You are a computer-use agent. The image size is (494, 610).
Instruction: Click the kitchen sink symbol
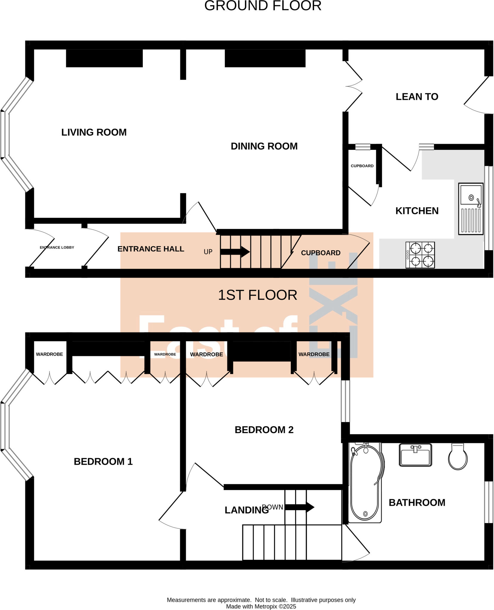pyautogui.click(x=471, y=208)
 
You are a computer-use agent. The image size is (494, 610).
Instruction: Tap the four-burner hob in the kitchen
pyautogui.click(x=420, y=255)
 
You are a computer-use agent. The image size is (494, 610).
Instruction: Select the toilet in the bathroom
pyautogui.click(x=458, y=457)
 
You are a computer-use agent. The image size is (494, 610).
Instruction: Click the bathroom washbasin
pyautogui.click(x=415, y=455)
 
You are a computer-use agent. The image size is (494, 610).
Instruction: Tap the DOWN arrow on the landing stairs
pyautogui.click(x=300, y=507)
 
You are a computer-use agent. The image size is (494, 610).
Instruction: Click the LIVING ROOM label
pyautogui.click(x=94, y=132)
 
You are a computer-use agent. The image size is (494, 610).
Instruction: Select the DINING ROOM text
pyautogui.click(x=264, y=146)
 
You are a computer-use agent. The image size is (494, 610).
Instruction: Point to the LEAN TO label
pyautogui.click(x=417, y=97)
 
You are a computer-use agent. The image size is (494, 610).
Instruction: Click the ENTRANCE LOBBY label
pyautogui.click(x=57, y=248)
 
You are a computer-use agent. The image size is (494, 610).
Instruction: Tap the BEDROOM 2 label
pyautogui.click(x=264, y=430)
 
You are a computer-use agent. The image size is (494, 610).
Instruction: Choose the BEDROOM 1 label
pyautogui.click(x=103, y=461)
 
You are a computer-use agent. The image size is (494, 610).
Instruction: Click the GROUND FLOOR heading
pyautogui.click(x=263, y=6)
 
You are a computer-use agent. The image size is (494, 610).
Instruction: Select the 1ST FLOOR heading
pyautogui.click(x=258, y=295)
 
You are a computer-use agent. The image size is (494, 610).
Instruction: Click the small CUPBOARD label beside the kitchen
pyautogui.click(x=362, y=166)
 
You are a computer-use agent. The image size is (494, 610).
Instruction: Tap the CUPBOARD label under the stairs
pyautogui.click(x=320, y=253)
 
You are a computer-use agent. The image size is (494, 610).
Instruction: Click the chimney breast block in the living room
pyautogui.click(x=104, y=58)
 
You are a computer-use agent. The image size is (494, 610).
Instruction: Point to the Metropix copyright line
pyautogui.click(x=261, y=606)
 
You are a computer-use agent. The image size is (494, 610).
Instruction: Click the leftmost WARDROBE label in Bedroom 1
pyautogui.click(x=49, y=354)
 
